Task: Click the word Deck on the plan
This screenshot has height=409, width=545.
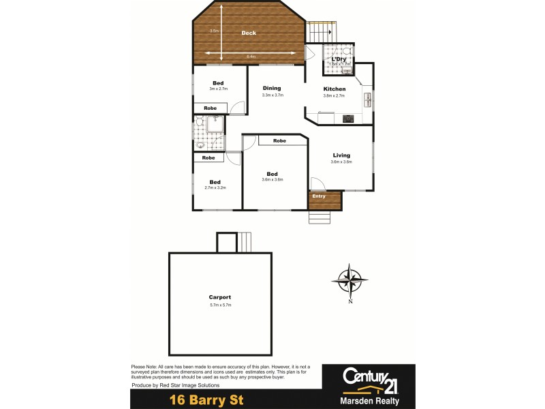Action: tap(249, 33)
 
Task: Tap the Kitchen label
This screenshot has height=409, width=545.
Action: tap(334, 89)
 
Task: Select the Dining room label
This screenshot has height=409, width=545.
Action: tap(272, 88)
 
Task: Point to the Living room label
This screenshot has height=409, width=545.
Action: tap(341, 155)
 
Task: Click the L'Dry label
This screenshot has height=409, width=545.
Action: tap(339, 59)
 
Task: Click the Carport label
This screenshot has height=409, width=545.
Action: tap(220, 297)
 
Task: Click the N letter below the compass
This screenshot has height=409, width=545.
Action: tap(350, 301)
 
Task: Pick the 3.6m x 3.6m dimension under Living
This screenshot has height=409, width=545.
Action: tap(341, 162)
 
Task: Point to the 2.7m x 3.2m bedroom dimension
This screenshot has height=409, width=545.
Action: tap(215, 187)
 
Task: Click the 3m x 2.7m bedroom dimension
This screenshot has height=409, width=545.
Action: tap(218, 89)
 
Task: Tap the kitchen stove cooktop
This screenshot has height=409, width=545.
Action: tap(347, 119)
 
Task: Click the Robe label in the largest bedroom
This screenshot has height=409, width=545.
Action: tap(279, 140)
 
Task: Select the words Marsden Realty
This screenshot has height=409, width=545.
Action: tap(368, 400)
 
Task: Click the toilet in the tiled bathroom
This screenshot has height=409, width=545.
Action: tap(200, 121)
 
